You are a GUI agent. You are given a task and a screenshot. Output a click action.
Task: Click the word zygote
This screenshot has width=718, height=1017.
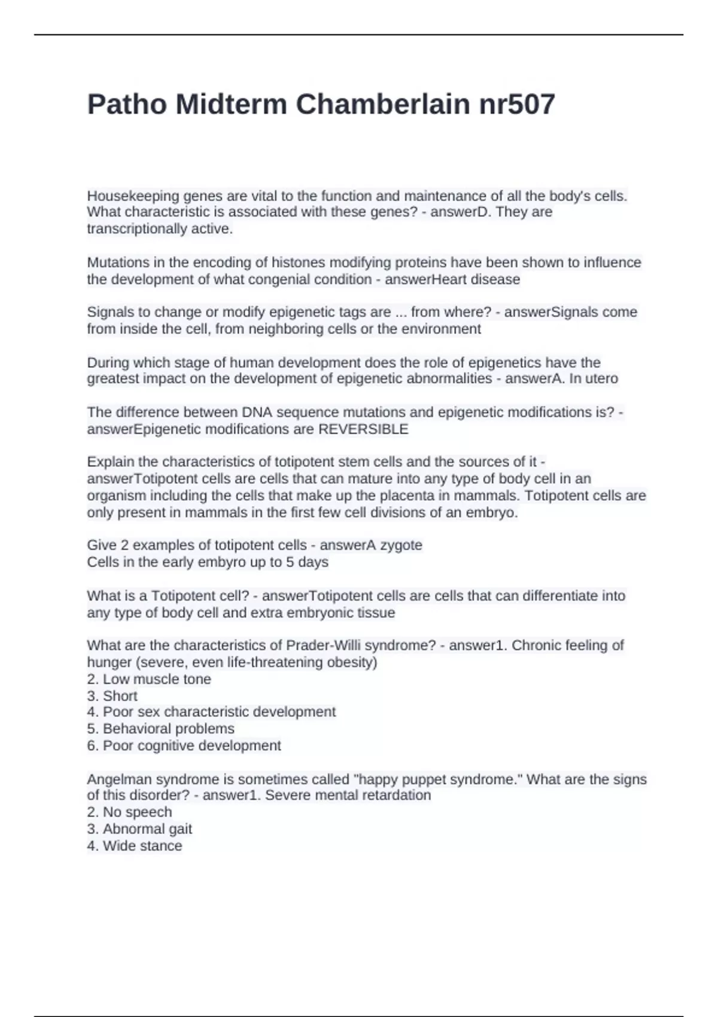click(x=401, y=545)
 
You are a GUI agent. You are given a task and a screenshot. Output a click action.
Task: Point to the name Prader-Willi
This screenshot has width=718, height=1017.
click(x=324, y=645)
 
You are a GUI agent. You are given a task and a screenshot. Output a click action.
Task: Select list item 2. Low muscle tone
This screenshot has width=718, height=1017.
click(x=149, y=679)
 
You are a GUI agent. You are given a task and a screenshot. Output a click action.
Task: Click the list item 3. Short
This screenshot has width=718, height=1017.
click(x=112, y=696)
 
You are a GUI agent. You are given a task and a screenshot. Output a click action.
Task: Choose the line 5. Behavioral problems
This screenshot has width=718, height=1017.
click(x=160, y=729)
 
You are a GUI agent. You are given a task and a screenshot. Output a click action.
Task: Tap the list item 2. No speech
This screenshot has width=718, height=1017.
click(x=129, y=812)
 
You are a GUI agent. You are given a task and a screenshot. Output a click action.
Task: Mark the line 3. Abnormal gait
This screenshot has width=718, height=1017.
click(x=139, y=829)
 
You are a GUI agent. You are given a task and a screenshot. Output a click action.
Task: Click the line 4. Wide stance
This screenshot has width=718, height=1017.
click(x=135, y=845)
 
